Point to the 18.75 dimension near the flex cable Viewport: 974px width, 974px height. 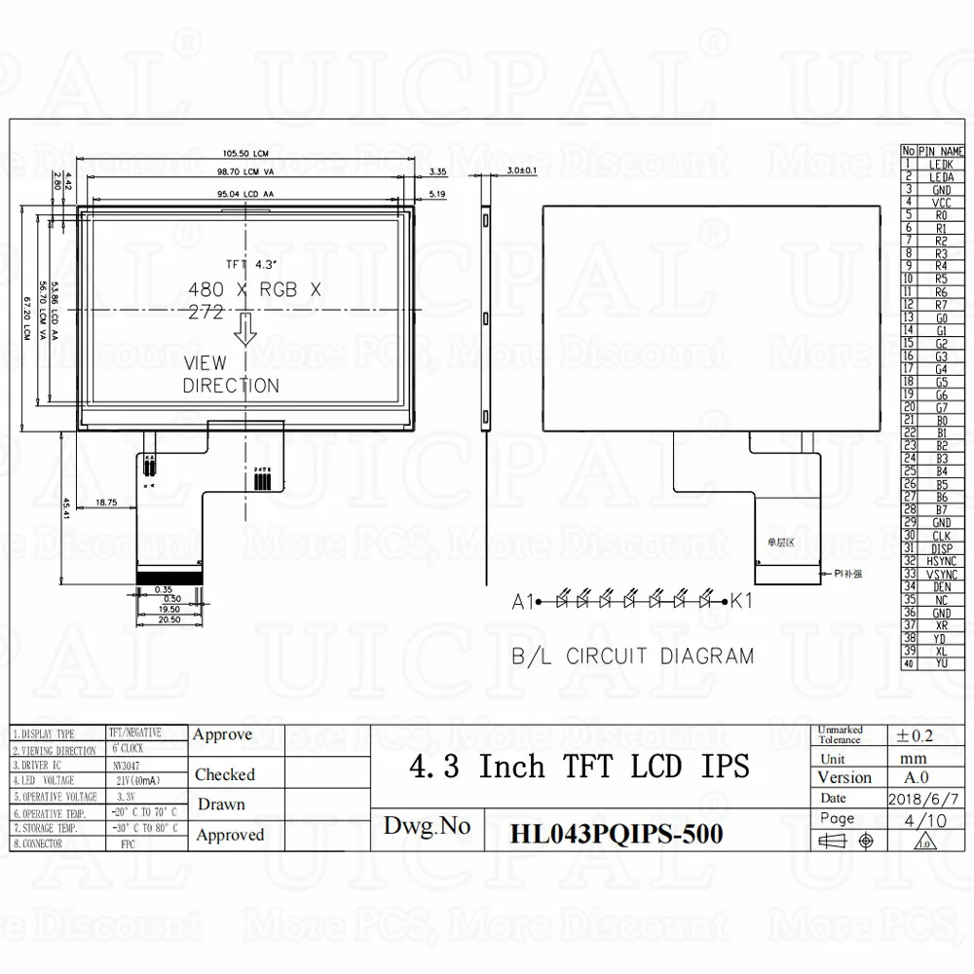coord(106,503)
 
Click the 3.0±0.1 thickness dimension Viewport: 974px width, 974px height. coord(521,171)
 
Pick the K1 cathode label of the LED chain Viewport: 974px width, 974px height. coord(742,602)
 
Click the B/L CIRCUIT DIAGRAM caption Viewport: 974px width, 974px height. coord(633,656)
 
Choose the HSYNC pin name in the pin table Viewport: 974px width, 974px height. coord(942,561)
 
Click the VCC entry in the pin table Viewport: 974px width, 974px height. coord(942,202)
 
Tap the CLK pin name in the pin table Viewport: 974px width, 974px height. coord(942,536)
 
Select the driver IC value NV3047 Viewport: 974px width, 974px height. coord(126,766)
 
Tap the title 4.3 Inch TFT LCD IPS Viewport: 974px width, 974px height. coord(581,768)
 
